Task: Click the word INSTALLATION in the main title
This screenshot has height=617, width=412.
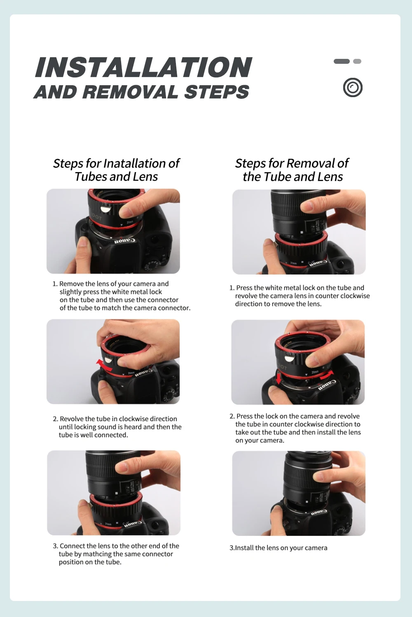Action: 143,67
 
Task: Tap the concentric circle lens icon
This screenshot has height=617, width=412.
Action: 353,88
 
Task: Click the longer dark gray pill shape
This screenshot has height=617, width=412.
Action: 342,61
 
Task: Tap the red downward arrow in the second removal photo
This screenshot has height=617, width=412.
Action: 279,378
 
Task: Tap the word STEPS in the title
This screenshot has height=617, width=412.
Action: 217,92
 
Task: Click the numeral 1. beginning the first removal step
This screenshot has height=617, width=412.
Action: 232,288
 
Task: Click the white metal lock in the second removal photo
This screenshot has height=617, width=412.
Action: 288,359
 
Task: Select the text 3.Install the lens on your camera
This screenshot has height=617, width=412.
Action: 278,548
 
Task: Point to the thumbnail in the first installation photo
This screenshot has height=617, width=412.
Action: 125,212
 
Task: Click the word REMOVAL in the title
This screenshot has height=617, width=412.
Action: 131,92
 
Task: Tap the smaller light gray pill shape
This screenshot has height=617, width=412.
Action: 357,61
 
